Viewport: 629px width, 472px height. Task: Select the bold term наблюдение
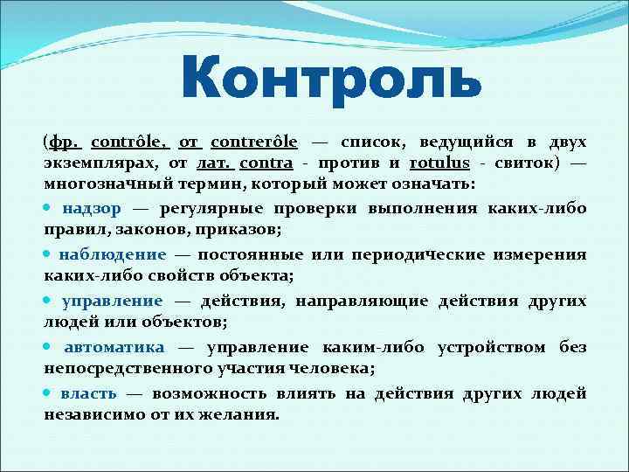pos(112,254)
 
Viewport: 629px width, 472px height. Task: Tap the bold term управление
pos(112,301)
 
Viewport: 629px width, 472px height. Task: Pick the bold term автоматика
pos(113,347)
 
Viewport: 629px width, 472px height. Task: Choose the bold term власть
pos(86,393)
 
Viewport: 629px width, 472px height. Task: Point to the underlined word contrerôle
pos(254,141)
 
